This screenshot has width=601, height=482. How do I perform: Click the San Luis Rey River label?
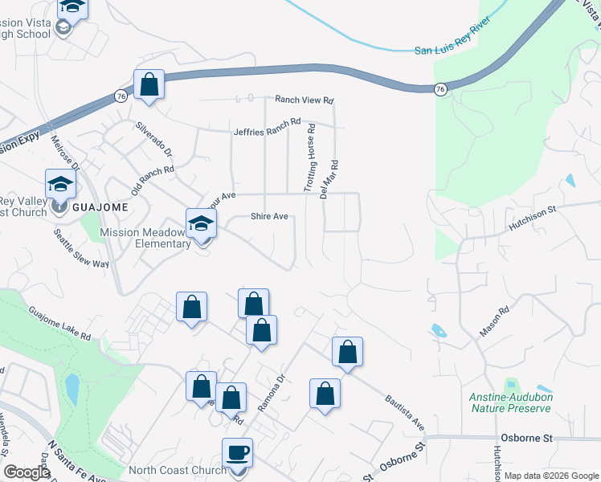pos(451,50)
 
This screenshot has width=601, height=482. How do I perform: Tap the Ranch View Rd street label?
pos(304,100)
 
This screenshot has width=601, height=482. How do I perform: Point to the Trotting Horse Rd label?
pos(309,163)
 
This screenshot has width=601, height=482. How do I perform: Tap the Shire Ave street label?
pos(269,216)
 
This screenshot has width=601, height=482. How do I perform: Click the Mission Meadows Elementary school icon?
pos(202,224)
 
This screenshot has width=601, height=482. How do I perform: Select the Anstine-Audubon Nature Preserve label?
pos(510,402)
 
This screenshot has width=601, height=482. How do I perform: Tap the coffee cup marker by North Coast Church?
pos(237,454)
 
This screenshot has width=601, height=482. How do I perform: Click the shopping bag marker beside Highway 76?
pos(149,84)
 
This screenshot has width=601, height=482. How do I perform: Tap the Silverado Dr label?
pos(153,139)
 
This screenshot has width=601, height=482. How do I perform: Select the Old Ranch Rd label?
pos(153,182)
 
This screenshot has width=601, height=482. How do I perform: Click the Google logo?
pos(27,472)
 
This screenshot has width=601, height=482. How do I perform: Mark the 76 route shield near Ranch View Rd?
pos(440,90)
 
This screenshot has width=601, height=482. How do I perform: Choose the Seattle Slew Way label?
pos(81,250)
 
